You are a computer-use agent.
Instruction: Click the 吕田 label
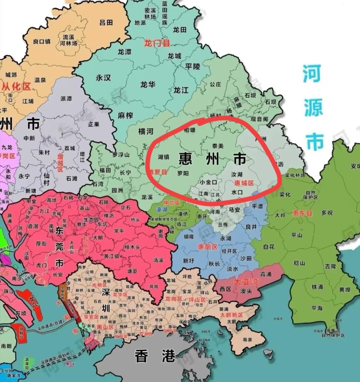pos(106,22)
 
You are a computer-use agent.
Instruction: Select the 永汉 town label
pos(103,78)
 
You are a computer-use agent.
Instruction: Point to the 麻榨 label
pos(125,115)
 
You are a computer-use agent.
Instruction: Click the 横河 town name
pos(146,132)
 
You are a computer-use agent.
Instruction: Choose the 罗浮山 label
pos(121,155)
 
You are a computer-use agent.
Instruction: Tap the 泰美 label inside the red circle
pos(218,146)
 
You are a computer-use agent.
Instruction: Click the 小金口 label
pos(209,182)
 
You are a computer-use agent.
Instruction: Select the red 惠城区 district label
pos(244,183)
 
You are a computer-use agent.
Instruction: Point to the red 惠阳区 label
pos(207,247)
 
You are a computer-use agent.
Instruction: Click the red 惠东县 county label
pos(302,213)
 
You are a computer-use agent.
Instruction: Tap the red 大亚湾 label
pos(246,282)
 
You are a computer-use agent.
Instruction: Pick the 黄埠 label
pos(345,290)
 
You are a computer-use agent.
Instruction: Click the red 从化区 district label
pos(16,87)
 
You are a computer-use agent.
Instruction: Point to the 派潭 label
pos(66,99)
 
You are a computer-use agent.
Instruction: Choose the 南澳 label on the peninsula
pos(247,339)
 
